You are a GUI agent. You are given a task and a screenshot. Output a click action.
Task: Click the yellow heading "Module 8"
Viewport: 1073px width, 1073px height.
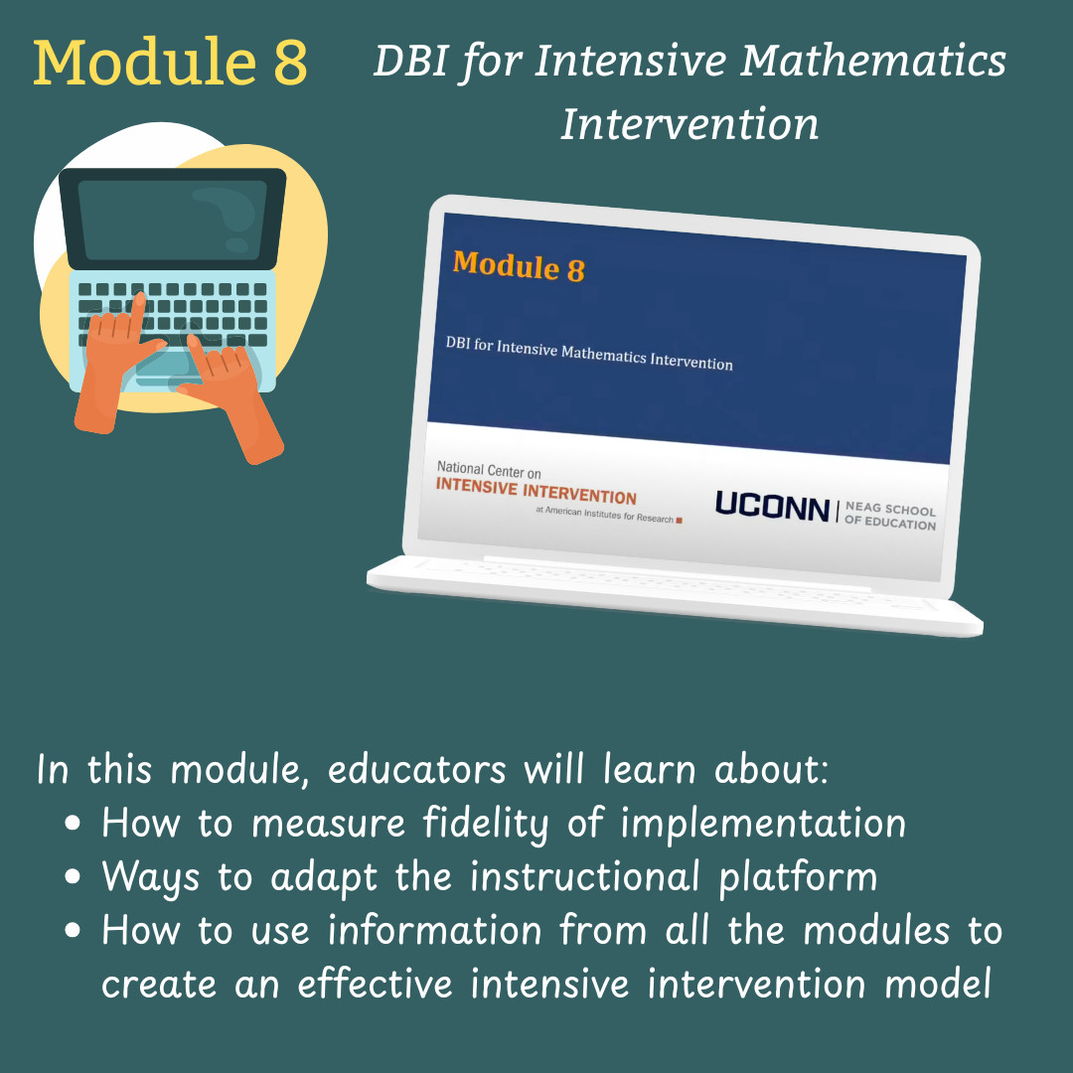[171, 63]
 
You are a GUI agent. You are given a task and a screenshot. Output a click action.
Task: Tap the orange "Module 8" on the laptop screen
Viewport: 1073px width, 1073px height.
[519, 266]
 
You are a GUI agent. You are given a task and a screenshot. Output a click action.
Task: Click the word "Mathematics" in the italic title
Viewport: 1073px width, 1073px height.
[873, 61]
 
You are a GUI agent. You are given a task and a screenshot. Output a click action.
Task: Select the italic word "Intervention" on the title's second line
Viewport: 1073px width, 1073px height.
[690, 124]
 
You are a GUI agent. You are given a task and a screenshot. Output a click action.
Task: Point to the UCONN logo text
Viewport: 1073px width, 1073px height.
[773, 507]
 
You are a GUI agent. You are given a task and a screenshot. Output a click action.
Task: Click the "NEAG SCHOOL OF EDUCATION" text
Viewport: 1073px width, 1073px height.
[890, 516]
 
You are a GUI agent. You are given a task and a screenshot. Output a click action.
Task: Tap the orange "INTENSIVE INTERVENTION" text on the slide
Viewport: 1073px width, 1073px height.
[536, 492]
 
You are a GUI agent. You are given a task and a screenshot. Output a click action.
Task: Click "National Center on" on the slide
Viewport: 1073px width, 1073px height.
[489, 470]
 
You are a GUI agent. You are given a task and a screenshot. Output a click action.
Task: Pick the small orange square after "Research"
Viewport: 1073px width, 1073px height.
[679, 520]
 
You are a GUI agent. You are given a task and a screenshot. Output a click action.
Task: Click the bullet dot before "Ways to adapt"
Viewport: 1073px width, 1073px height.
[73, 876]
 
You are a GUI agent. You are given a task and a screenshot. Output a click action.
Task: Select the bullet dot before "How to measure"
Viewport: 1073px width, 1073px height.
[73, 823]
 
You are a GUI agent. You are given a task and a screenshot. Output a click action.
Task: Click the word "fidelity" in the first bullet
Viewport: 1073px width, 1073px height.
[485, 824]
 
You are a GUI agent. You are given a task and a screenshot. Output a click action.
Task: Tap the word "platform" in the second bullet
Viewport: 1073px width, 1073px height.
[798, 877]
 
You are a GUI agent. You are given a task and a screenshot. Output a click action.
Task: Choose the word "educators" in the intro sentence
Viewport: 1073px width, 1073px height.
[416, 768]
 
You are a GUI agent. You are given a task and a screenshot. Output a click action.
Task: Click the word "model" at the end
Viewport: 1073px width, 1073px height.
[938, 984]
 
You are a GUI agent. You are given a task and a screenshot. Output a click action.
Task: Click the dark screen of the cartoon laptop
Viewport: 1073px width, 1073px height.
[173, 219]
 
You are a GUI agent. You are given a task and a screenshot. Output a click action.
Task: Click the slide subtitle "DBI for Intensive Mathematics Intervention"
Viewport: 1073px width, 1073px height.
[589, 353]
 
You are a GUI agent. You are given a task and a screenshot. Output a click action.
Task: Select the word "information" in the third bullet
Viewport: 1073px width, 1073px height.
[434, 930]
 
